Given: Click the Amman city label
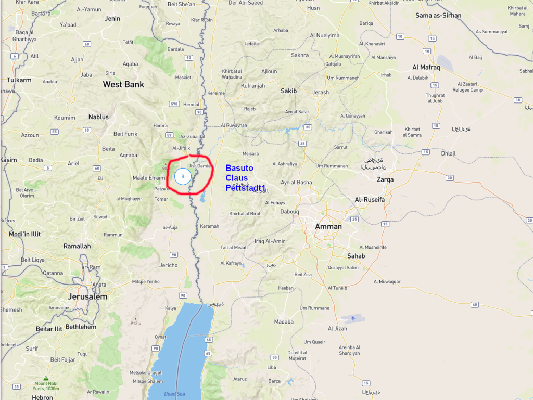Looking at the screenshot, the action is pyautogui.click(x=328, y=226).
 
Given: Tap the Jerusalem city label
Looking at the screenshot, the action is pyautogui.click(x=87, y=296).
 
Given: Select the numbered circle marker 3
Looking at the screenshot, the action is pyautogui.click(x=183, y=177).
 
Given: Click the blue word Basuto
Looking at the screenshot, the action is pyautogui.click(x=239, y=168).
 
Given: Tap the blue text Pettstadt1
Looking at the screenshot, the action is pyautogui.click(x=245, y=188).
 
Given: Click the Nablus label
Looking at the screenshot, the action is pyautogui.click(x=98, y=117).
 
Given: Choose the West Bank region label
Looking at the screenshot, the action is pyautogui.click(x=123, y=84).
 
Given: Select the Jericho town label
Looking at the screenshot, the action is pyautogui.click(x=169, y=265).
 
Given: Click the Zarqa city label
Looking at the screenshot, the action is pyautogui.click(x=385, y=179).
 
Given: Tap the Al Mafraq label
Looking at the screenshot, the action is pyautogui.click(x=426, y=68).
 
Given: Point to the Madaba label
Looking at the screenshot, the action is pyautogui.click(x=284, y=322).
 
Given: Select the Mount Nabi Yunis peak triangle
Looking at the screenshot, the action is pyautogui.click(x=46, y=379).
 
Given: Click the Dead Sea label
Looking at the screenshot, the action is pyautogui.click(x=174, y=394).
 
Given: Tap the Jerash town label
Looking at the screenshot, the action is pyautogui.click(x=321, y=92).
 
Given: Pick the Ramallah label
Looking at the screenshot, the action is pyautogui.click(x=77, y=246).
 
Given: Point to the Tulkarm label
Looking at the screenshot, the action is pyautogui.click(x=19, y=80).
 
